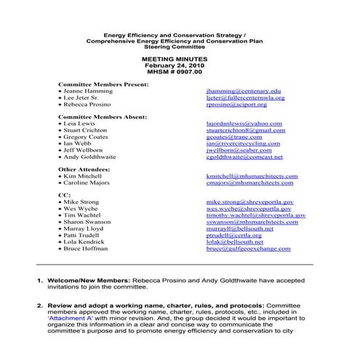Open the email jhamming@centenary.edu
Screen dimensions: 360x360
pos(243,91)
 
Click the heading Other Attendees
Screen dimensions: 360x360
pos(84,169)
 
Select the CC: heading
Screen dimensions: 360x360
pos(64,195)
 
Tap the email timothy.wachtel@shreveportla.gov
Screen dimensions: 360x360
pos(256,216)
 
